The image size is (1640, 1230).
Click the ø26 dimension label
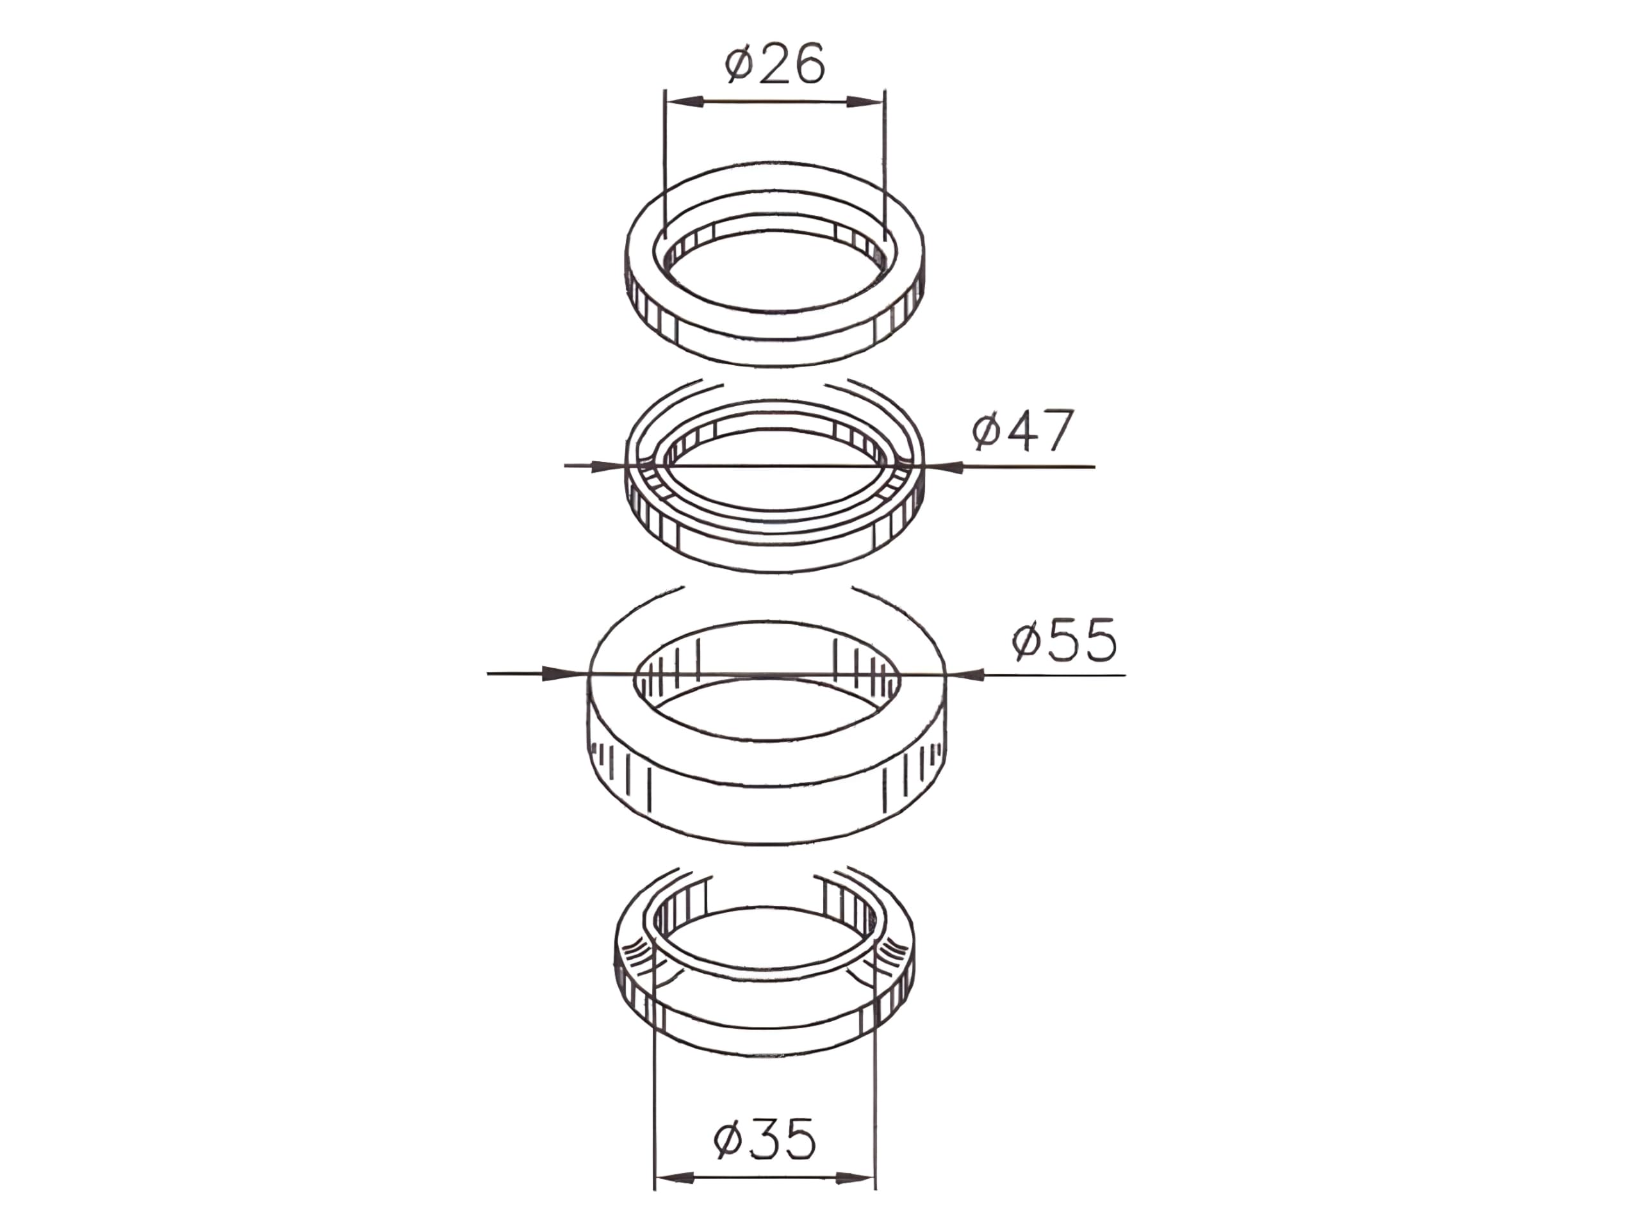[775, 65]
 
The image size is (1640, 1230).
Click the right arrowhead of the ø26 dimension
[866, 102]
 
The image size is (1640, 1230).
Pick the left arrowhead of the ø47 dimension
[609, 466]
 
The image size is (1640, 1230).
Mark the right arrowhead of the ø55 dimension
[965, 675]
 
